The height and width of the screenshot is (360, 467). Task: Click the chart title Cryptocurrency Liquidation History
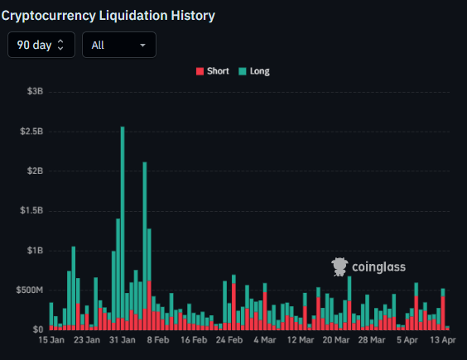pos(108,15)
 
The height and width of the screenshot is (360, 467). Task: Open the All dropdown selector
pos(118,45)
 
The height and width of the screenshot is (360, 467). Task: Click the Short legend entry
pos(212,71)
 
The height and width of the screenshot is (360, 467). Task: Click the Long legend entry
pos(255,71)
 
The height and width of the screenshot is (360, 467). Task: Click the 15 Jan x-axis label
pos(51,339)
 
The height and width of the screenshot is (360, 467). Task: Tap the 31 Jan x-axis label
pos(123,339)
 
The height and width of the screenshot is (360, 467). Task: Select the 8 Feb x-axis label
pos(157,339)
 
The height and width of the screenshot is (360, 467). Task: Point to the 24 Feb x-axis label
pos(229,339)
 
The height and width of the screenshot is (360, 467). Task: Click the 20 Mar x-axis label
pos(336,339)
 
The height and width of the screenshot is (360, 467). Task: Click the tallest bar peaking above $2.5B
pos(123,223)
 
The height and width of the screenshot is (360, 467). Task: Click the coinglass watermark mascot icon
pos(339,266)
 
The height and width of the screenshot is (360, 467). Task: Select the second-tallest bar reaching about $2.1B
pos(145,240)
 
